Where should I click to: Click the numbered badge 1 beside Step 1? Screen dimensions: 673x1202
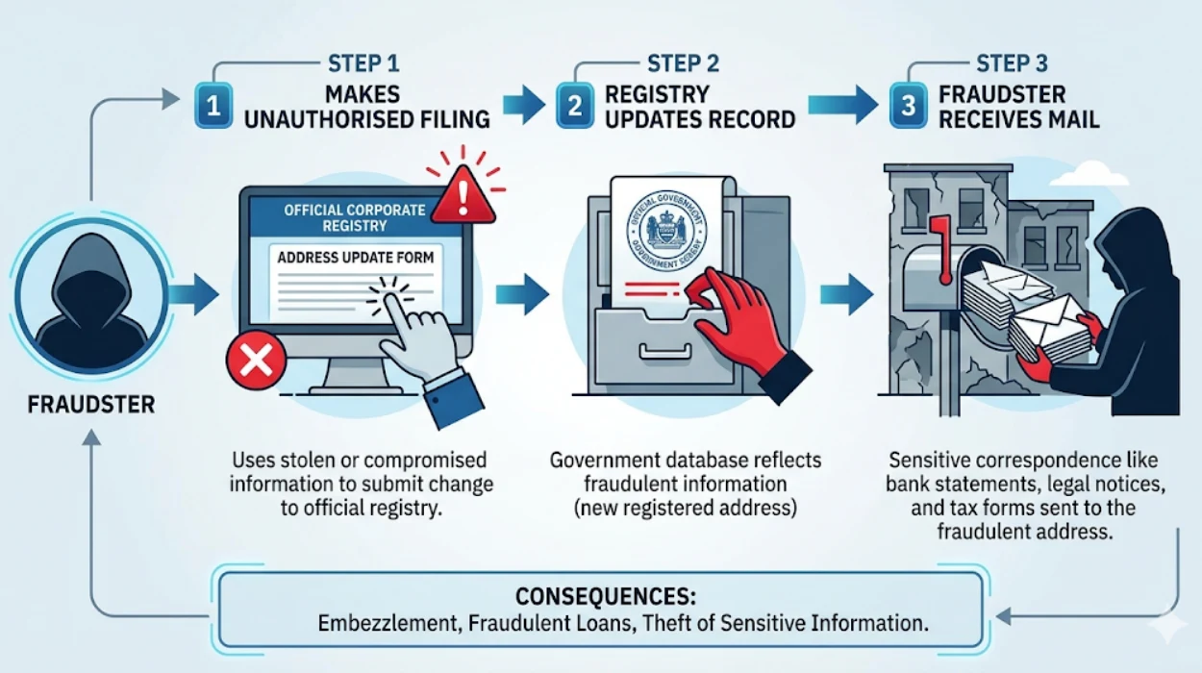pyautogui.click(x=213, y=107)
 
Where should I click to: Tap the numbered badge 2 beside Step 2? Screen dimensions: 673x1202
pyautogui.click(x=574, y=107)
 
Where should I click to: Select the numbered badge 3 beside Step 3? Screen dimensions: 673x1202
pyautogui.click(x=908, y=107)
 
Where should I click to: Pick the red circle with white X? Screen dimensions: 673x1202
pyautogui.click(x=254, y=361)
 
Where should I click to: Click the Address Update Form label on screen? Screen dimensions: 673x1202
pyautogui.click(x=355, y=258)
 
